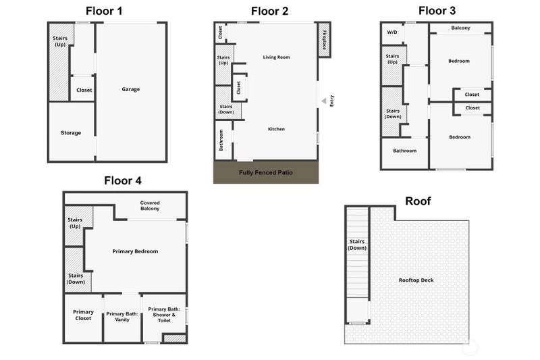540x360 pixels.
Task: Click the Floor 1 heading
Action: [104, 11]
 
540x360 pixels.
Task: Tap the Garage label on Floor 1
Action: [131, 89]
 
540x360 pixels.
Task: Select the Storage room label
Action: [71, 132]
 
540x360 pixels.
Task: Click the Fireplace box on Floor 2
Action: [324, 40]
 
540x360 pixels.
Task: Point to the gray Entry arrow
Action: [324, 101]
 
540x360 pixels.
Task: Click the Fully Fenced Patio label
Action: [266, 172]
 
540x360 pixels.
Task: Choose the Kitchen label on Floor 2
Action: [277, 129]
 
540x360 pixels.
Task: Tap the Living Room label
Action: [277, 57]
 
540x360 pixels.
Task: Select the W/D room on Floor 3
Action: [392, 33]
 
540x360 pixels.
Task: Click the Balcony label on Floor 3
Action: [460, 28]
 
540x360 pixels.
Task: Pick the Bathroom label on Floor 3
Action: [404, 151]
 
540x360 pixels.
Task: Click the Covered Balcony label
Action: [150, 205]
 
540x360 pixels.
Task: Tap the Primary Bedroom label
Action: [136, 251]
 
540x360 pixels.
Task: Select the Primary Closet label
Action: [83, 315]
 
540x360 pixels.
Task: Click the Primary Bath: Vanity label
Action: [122, 317]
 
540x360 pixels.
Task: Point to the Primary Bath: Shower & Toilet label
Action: [164, 315]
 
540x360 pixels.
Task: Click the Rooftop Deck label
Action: [416, 280]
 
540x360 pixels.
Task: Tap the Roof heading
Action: [418, 201]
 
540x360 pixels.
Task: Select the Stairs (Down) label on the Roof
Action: [357, 245]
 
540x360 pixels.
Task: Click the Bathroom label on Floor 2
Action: [221, 140]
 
